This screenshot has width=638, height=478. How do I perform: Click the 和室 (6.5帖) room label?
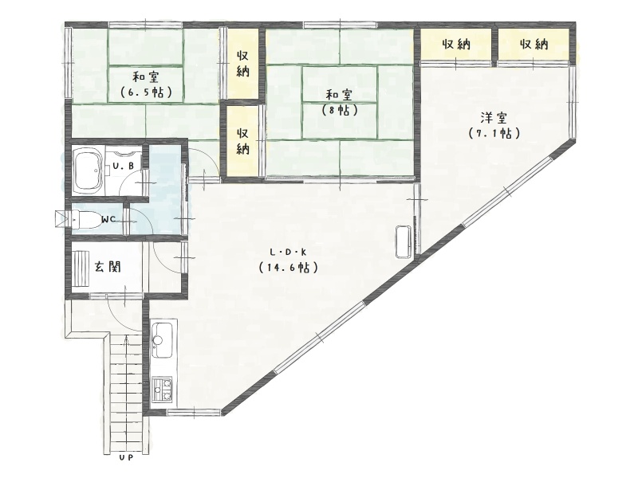[146, 84]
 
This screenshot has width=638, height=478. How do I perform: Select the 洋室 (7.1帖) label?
[494, 125]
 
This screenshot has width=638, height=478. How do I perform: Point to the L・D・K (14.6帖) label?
[288, 260]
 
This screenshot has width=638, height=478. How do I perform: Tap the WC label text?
[108, 220]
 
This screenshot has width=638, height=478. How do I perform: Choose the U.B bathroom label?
[124, 167]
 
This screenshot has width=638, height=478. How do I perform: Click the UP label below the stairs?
[127, 457]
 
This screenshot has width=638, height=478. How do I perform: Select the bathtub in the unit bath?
[88, 170]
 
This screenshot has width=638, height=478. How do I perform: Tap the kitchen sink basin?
[164, 340]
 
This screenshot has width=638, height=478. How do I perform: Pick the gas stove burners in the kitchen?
[163, 388]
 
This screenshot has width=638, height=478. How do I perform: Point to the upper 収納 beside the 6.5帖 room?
[243, 64]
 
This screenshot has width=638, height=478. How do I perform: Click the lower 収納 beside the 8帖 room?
[243, 141]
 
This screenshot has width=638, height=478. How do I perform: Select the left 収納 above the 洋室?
[455, 44]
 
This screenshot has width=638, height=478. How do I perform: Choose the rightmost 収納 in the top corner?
[534, 44]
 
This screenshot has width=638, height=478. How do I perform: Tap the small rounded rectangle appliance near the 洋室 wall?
[404, 241]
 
